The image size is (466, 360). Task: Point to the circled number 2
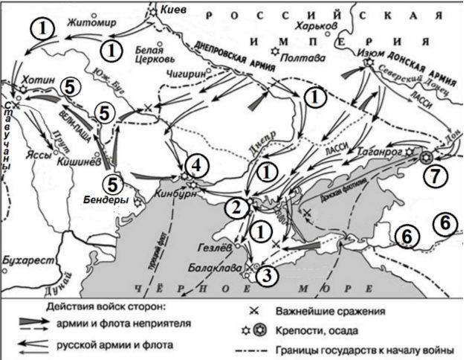tap(236, 207)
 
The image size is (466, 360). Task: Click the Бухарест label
tap(27, 263)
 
